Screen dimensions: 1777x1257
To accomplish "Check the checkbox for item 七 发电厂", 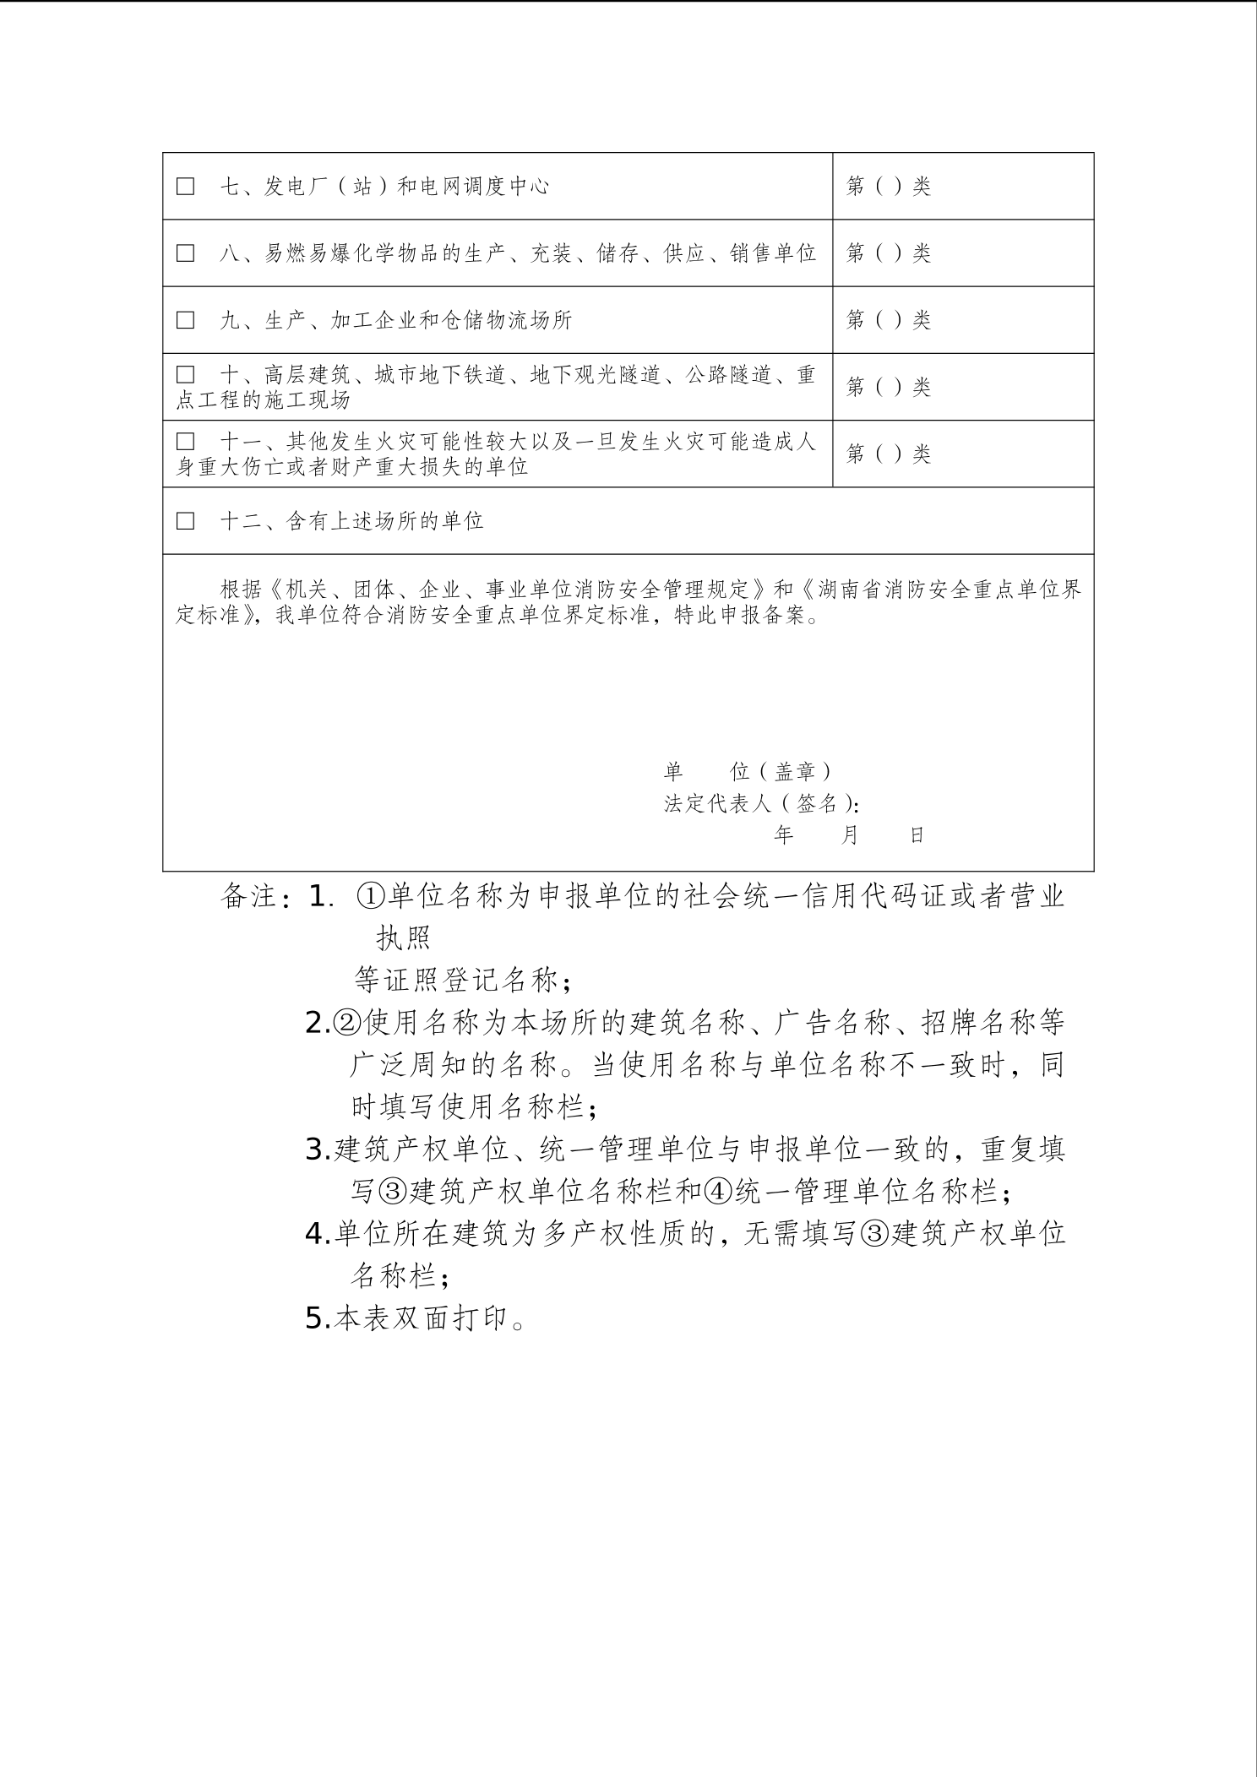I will (185, 186).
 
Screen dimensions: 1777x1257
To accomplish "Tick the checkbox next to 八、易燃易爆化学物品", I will (185, 253).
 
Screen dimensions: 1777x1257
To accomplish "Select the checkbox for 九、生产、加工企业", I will (185, 320).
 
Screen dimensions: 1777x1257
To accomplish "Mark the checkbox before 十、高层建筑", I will (185, 374).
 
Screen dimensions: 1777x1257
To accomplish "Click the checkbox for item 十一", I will (185, 442).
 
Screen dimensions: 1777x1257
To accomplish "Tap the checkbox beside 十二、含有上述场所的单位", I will (185, 520).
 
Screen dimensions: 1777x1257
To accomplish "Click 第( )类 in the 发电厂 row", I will (888, 186).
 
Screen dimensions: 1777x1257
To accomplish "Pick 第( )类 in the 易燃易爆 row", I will (888, 253).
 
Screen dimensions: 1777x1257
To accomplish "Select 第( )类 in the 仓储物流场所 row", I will (888, 320).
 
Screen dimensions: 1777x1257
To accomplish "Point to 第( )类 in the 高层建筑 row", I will (888, 387).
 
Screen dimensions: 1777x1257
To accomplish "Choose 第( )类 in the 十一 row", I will (888, 454).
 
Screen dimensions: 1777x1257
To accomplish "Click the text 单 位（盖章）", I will (748, 771).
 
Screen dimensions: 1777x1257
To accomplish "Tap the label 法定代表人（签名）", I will (760, 803).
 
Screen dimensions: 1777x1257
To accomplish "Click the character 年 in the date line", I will (784, 835).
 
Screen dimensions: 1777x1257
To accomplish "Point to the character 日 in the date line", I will (917, 835).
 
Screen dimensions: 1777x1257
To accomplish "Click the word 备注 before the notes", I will (248, 896).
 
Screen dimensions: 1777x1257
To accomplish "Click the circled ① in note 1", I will (372, 896).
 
